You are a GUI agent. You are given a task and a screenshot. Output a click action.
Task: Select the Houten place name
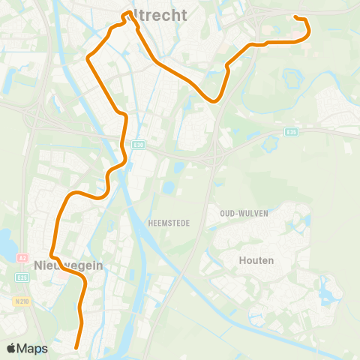click(x=257, y=260)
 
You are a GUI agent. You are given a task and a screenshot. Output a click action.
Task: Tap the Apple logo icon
click(x=12, y=348)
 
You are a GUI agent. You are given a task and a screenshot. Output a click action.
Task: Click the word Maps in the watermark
click(x=33, y=348)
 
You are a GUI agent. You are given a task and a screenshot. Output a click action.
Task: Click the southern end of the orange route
click(x=77, y=346)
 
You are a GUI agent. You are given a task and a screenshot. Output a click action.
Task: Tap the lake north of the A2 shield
click(x=8, y=241)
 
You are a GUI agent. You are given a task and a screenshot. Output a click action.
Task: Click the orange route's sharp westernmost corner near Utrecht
click(x=88, y=57)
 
